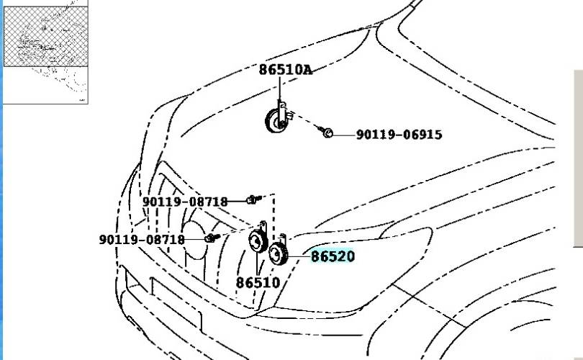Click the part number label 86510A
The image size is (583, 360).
[x=286, y=70]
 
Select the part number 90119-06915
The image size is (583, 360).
[x=399, y=134]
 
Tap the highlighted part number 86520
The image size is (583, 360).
[x=333, y=256]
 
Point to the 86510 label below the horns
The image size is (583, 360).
[x=258, y=283]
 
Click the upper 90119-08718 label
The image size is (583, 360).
[x=185, y=202]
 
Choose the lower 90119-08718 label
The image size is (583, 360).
[x=142, y=240]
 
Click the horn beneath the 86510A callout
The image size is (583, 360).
[x=276, y=120]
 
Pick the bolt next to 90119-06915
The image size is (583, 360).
[x=326, y=132]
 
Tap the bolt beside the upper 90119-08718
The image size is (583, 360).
[x=253, y=199]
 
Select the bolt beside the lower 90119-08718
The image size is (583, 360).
[x=212, y=238]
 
